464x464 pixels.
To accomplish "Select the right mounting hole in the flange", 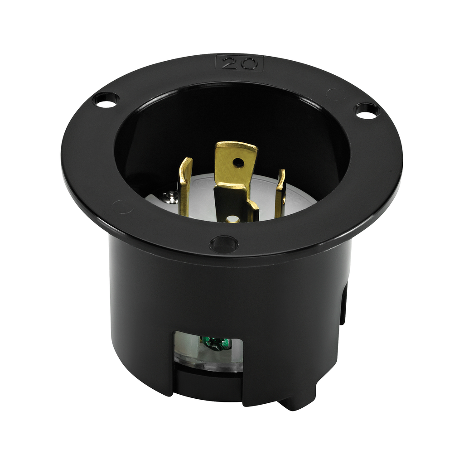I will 367,111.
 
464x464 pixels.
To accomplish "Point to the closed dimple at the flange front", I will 223,244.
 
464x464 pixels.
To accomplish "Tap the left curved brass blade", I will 185,186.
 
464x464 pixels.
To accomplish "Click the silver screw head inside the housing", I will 170,196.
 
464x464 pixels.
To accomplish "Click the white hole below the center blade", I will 232,219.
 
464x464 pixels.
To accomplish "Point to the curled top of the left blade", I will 186,163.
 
